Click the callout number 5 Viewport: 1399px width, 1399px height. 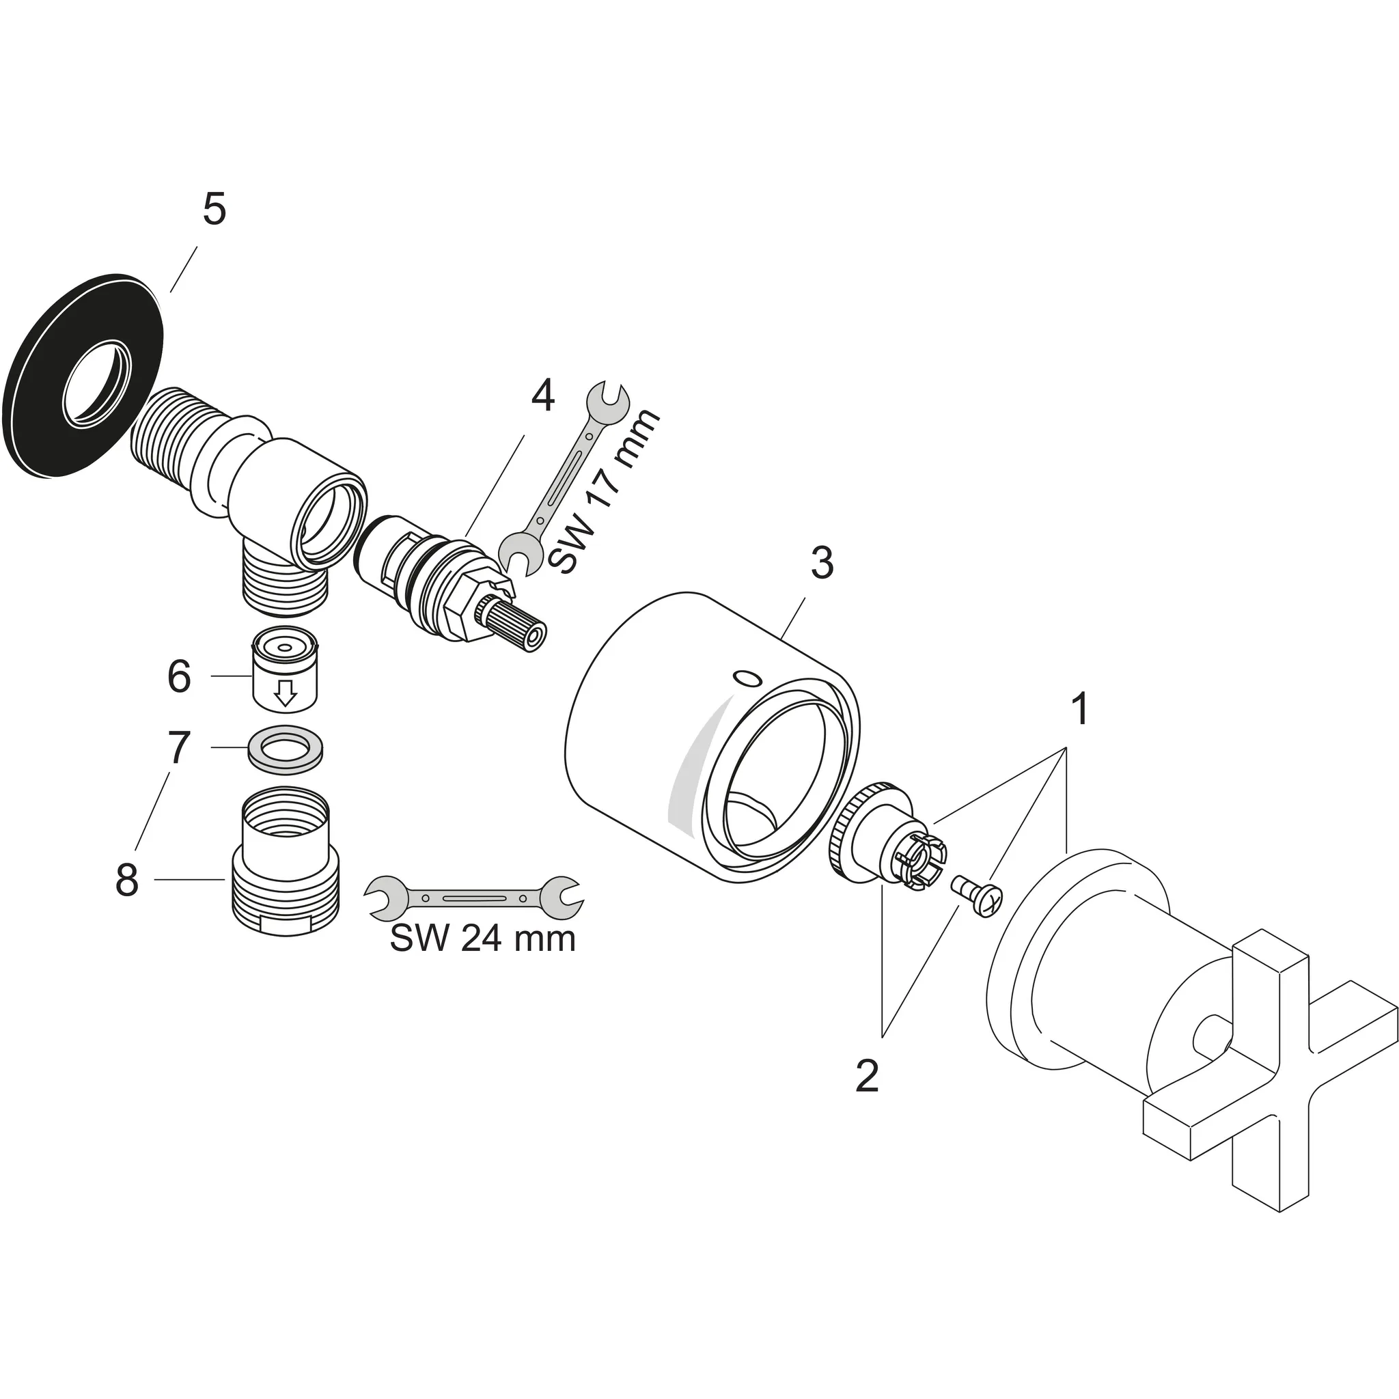click(x=214, y=210)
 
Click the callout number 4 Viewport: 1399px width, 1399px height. click(x=542, y=396)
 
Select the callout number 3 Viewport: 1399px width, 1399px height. click(x=822, y=563)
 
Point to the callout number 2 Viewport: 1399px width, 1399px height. click(x=867, y=1076)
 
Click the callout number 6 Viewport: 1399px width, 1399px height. click(x=179, y=677)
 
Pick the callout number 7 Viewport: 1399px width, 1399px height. click(x=179, y=747)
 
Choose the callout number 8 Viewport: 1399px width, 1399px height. click(x=127, y=881)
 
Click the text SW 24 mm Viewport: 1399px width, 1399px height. click(x=482, y=939)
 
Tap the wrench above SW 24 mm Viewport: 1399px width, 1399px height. click(x=474, y=898)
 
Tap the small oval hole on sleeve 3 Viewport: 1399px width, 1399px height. click(x=748, y=678)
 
